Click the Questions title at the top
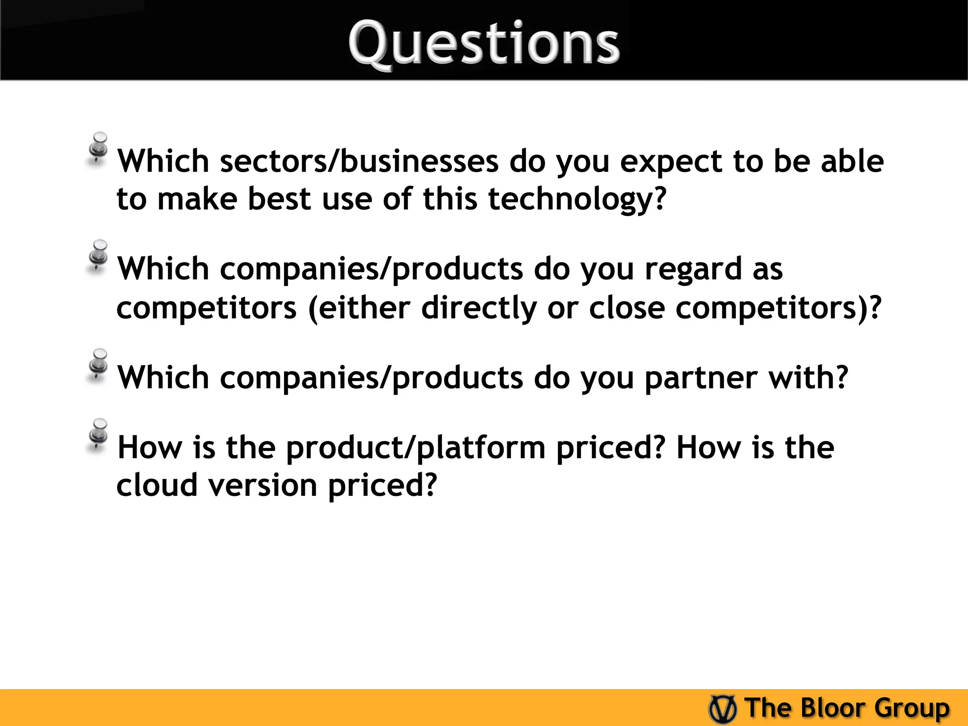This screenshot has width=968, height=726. click(x=484, y=43)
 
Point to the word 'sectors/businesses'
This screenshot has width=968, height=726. click(x=359, y=162)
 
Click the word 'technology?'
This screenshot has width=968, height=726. click(x=577, y=199)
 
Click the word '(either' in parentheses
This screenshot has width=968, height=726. click(x=359, y=308)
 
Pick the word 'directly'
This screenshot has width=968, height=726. click(x=479, y=308)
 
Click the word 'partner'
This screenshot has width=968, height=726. click(x=701, y=378)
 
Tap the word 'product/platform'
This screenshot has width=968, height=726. click(x=416, y=448)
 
